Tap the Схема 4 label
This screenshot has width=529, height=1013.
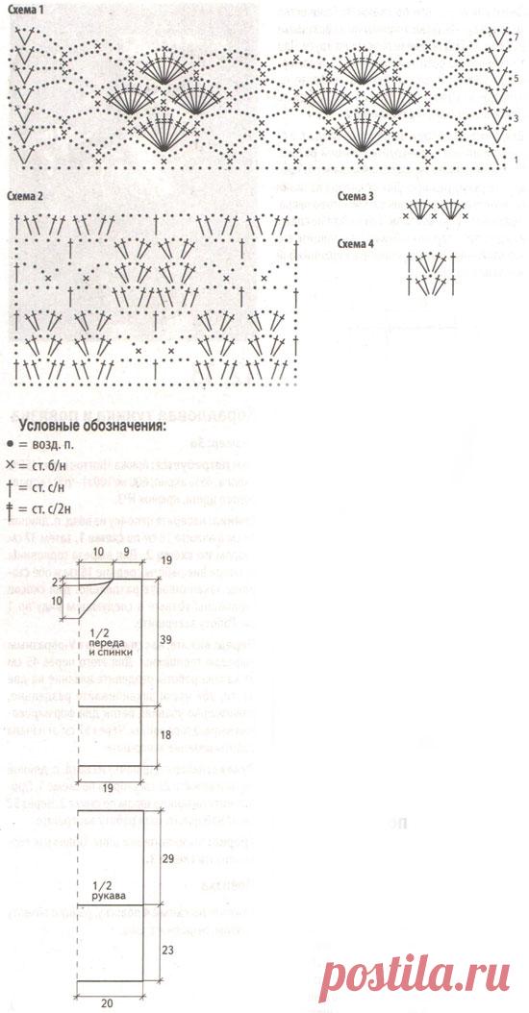(x=357, y=242)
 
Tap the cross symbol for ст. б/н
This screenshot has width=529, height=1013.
(x=11, y=464)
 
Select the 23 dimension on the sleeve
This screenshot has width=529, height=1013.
(x=167, y=947)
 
